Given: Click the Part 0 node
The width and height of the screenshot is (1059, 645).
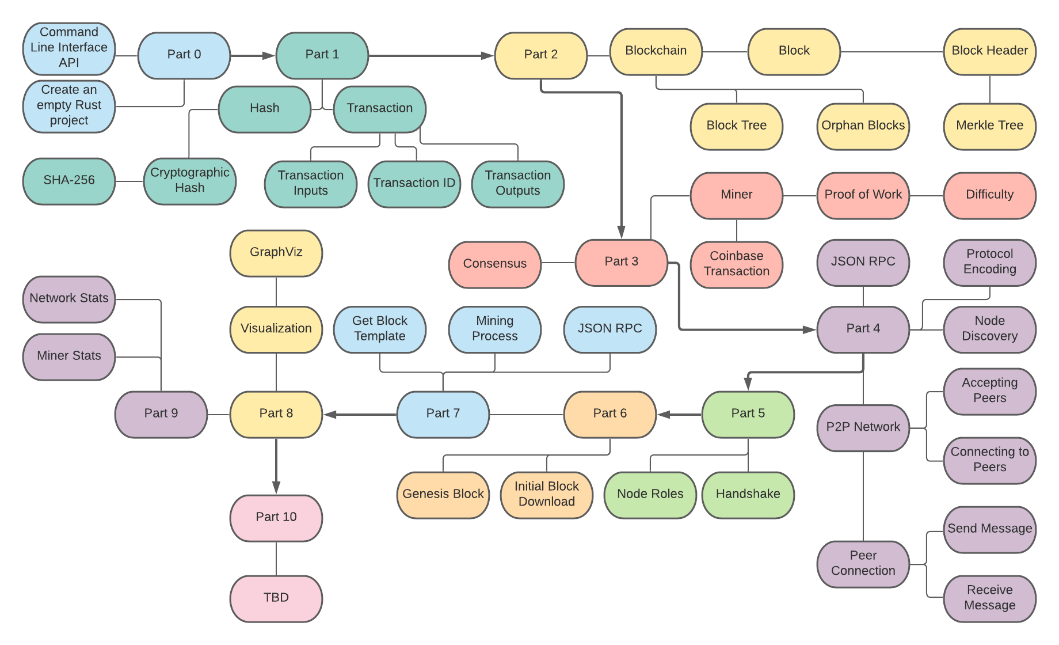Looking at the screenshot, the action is (184, 55).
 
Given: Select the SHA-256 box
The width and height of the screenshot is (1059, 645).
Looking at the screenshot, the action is (69, 181).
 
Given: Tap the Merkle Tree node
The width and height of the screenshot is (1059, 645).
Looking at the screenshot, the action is (990, 127).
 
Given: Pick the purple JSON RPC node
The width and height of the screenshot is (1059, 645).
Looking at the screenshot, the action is (863, 263).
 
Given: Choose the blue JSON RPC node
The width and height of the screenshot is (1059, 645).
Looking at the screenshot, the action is (610, 329).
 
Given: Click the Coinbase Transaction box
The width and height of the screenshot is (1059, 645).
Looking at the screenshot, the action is (737, 265).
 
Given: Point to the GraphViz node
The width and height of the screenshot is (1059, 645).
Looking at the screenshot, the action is (276, 253).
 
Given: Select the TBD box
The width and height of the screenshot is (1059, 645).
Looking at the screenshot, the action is (276, 599).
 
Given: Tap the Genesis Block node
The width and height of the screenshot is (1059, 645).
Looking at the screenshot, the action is (443, 495).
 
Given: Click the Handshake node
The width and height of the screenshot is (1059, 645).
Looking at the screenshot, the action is (748, 495).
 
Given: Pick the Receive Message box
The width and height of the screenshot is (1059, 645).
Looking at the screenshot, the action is (990, 599).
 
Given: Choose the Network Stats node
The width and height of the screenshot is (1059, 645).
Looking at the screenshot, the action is (69, 299).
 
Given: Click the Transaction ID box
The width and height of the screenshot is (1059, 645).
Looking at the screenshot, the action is (414, 184).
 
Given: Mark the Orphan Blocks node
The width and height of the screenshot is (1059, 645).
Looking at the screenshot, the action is (863, 127).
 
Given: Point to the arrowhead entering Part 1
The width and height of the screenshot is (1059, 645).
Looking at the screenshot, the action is (269, 56).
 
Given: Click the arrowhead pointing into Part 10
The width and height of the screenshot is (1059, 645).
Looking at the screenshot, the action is (276, 487).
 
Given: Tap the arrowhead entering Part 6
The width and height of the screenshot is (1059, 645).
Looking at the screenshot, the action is (664, 415).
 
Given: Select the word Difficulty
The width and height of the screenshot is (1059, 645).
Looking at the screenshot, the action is (990, 195).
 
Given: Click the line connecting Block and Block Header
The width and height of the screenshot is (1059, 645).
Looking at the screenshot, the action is (892, 52).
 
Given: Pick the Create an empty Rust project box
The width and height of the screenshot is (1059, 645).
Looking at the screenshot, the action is (69, 107).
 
